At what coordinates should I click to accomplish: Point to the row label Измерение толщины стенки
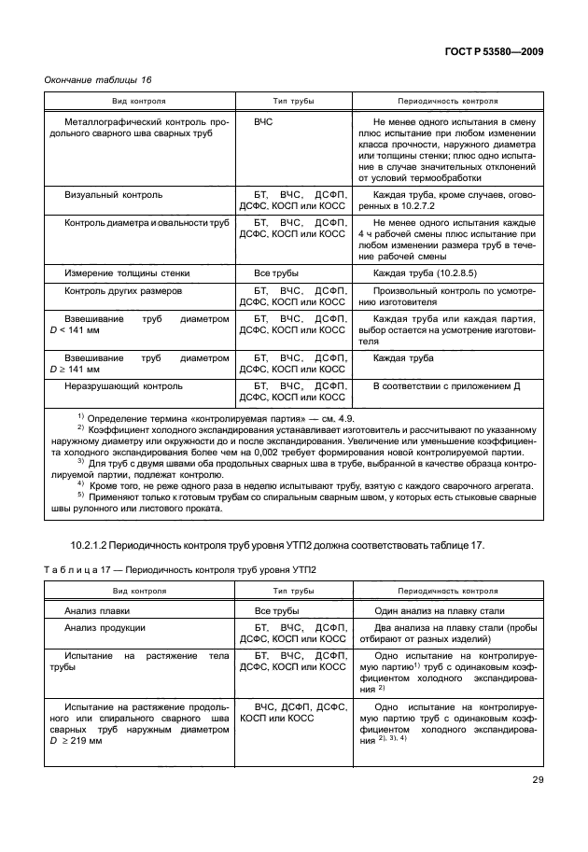click(127, 273)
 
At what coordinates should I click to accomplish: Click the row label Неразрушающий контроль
click(124, 384)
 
